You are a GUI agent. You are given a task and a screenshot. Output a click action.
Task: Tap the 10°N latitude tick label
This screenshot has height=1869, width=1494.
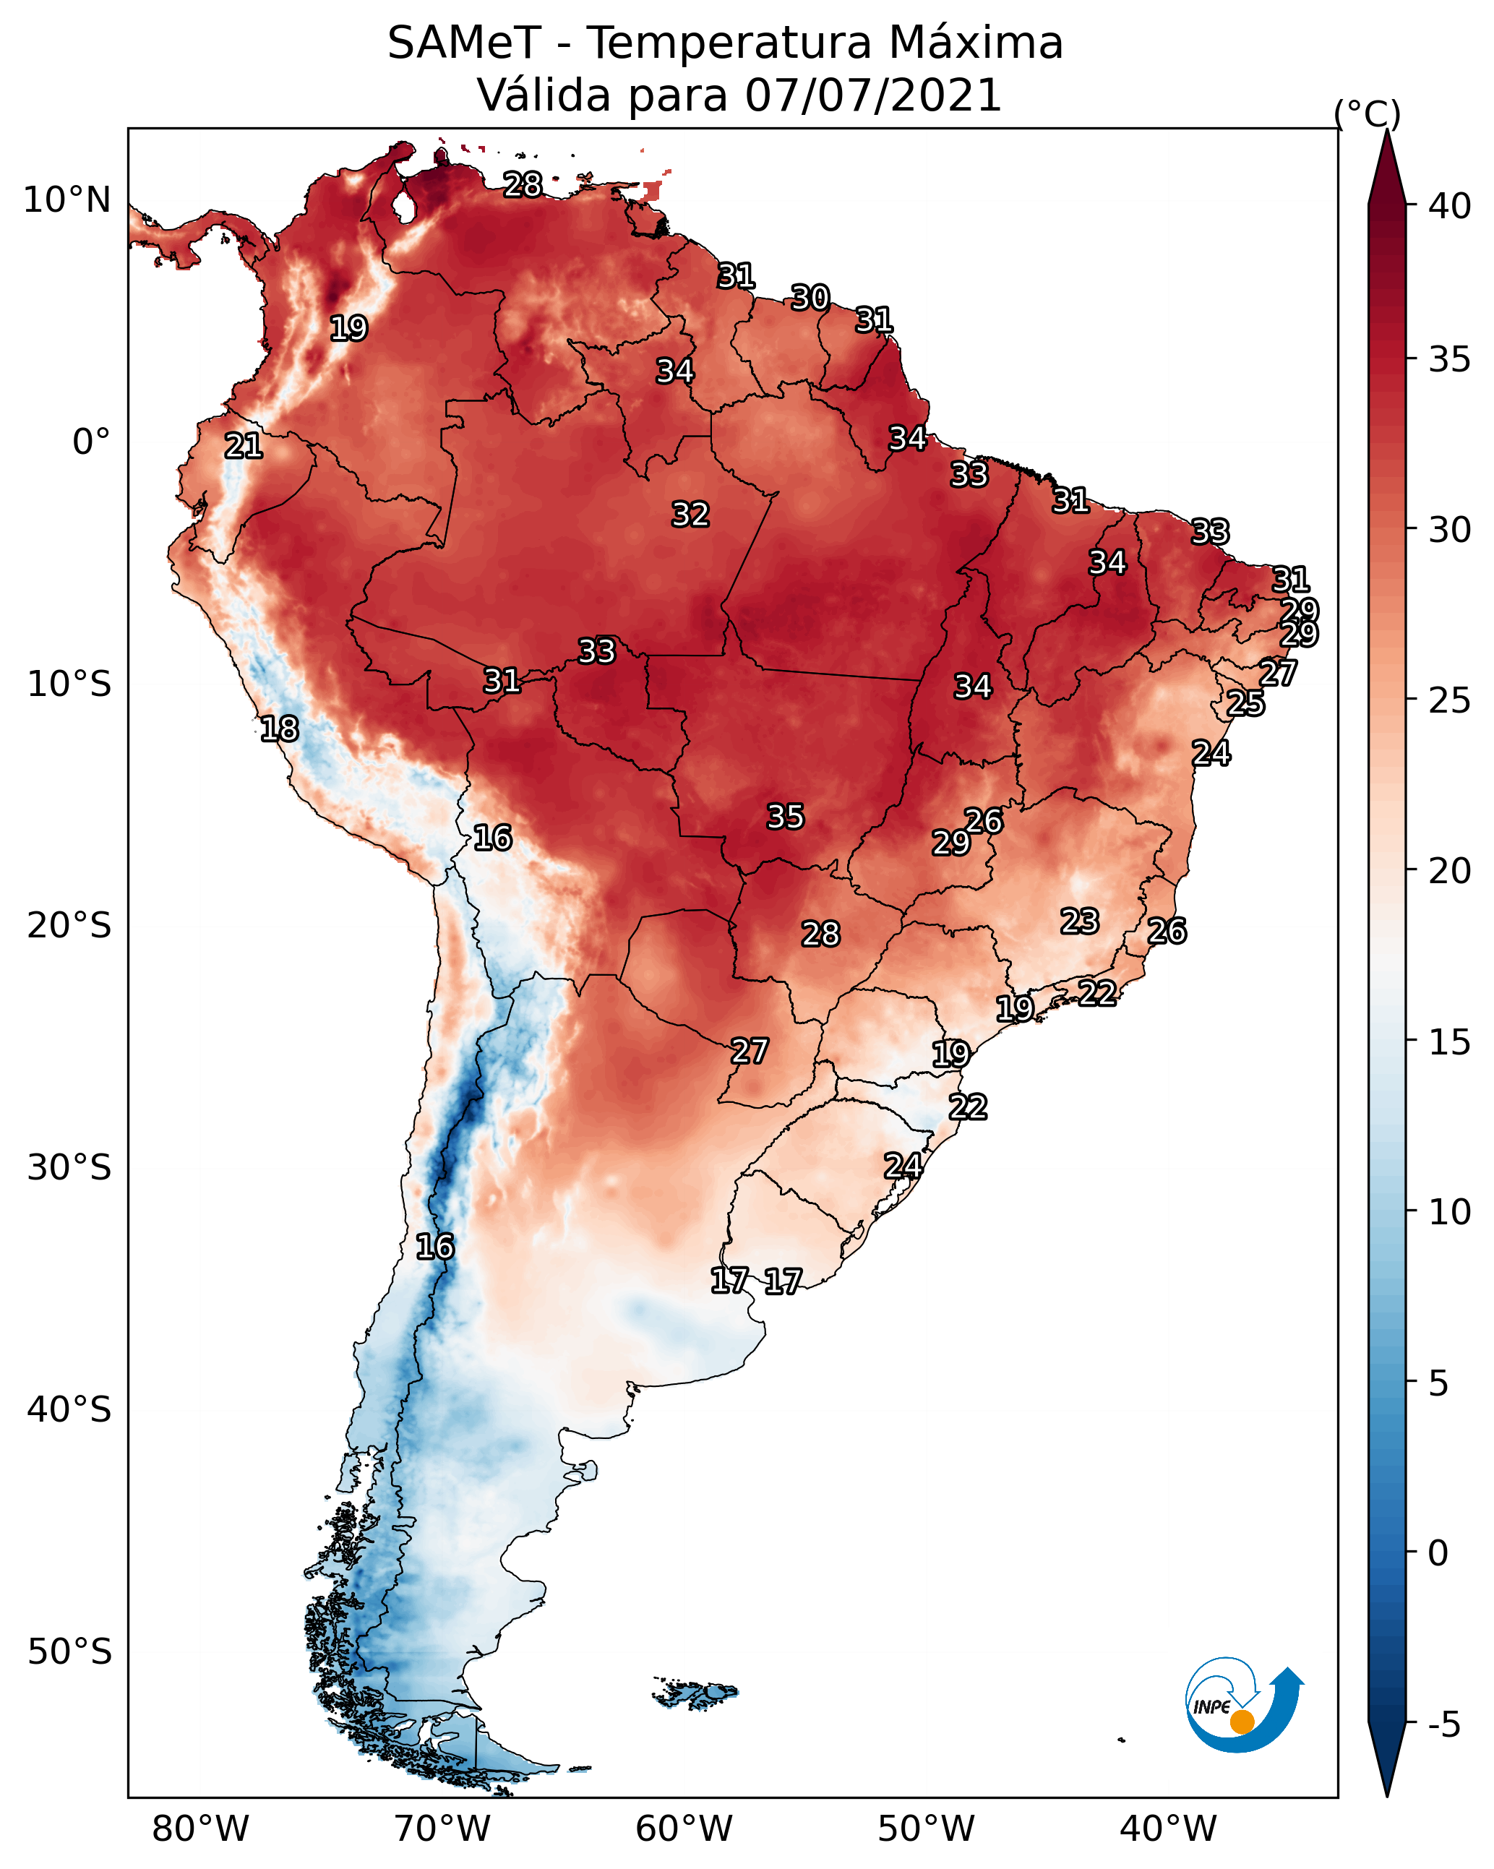pos(66,200)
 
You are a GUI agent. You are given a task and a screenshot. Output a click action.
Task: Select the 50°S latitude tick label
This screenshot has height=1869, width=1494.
pos(69,1651)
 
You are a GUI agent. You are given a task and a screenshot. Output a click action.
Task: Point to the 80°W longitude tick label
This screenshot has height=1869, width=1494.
pos(200,1829)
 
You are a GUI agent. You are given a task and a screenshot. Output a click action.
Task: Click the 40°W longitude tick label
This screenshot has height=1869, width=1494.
pos(1168,1829)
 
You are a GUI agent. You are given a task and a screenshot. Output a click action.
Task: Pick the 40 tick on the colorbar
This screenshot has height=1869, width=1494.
pos(1449,206)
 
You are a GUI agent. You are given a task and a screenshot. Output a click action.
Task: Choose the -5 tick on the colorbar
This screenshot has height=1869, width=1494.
pos(1443,1724)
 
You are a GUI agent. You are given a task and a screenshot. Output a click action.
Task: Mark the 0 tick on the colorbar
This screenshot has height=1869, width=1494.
pos(1438,1553)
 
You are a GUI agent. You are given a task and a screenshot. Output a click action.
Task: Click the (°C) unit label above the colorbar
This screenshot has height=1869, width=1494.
pos(1367,113)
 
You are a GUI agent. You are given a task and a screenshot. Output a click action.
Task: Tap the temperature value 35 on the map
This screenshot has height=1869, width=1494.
pos(786,817)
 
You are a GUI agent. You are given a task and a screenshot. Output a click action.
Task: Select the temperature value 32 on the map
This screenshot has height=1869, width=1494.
pos(690,515)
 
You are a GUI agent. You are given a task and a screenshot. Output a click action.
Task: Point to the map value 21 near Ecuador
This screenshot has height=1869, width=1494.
pos(244,447)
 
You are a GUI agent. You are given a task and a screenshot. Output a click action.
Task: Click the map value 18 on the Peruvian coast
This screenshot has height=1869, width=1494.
pos(279,729)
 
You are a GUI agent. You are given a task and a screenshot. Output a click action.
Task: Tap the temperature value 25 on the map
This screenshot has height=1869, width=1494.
pos(1245,703)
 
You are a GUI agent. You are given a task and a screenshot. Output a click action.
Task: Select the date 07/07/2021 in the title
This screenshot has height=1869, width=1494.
pos(873,95)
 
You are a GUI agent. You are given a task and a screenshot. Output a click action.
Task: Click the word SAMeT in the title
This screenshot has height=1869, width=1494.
pos(464,43)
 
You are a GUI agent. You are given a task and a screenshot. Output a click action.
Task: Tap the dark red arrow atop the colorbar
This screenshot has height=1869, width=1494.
pos(1386,169)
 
